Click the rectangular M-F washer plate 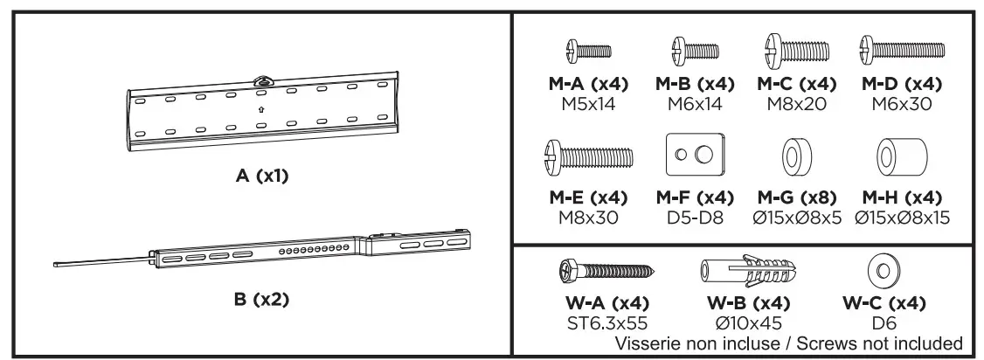coord(694,156)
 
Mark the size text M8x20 coord(795,103)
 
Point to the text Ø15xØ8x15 coord(900,217)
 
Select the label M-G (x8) coord(795,198)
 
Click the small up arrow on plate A coord(261,110)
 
